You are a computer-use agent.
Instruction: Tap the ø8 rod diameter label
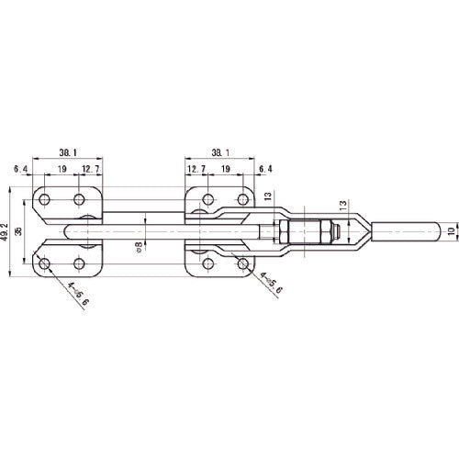(x=139, y=245)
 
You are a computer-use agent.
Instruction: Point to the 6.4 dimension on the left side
(x=20, y=170)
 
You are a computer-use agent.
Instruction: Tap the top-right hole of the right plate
(x=243, y=199)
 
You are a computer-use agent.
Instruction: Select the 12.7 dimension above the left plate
(x=90, y=170)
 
